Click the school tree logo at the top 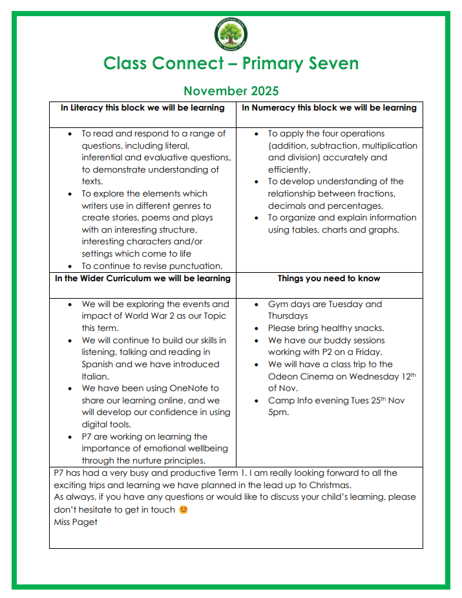[231, 34]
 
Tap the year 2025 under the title [262, 91]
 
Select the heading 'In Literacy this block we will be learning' [143, 108]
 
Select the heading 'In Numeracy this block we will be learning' [329, 108]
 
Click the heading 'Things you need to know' [329, 279]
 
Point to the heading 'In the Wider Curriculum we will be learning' [143, 279]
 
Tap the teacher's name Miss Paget [76, 522]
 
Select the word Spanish [100, 365]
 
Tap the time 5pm [278, 412]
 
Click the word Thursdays [288, 316]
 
